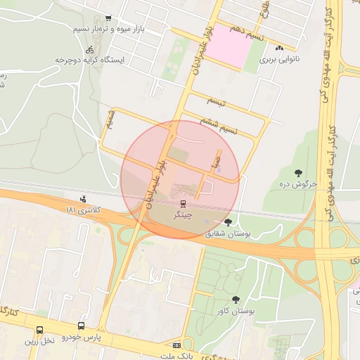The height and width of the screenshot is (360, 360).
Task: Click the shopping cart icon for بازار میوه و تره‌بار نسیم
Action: click(x=108, y=19)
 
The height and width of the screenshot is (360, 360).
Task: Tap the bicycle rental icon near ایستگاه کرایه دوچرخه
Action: click(x=89, y=50)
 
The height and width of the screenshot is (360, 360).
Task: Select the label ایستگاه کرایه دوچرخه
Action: click(x=90, y=60)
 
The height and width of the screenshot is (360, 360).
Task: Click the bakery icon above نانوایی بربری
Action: click(x=280, y=49)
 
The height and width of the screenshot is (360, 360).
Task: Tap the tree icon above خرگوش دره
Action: click(x=300, y=172)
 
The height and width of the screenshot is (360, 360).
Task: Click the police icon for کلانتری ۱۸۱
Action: click(x=84, y=199)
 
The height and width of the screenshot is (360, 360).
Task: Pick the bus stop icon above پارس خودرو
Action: click(x=82, y=327)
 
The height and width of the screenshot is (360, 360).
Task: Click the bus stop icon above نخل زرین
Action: click(x=39, y=330)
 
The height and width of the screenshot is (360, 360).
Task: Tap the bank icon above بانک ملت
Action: click(x=176, y=345)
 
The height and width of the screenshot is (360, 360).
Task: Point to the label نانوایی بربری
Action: click(x=280, y=60)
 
